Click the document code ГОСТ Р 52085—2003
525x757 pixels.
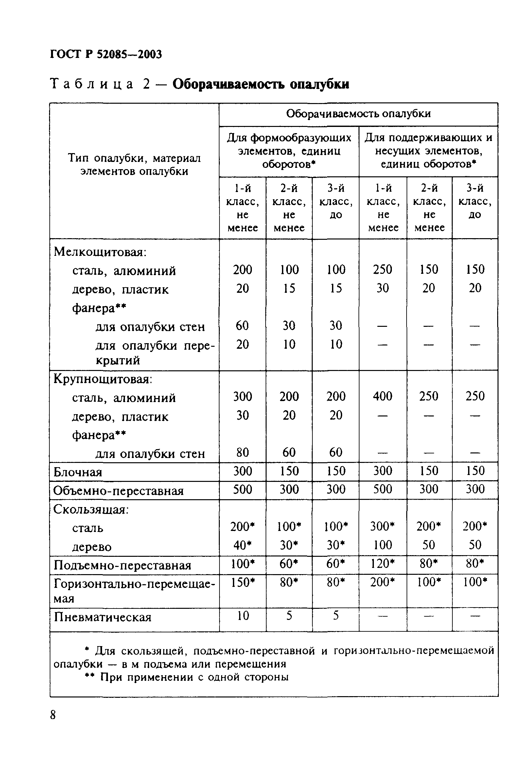[106, 54]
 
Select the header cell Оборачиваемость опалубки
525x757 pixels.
[358, 114]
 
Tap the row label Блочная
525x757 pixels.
[78, 472]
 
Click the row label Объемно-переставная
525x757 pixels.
[118, 491]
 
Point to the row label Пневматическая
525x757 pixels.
[103, 617]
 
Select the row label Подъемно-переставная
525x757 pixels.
[122, 565]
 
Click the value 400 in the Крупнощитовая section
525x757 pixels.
[382, 396]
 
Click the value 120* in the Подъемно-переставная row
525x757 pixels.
[382, 564]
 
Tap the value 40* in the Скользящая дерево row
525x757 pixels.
[243, 545]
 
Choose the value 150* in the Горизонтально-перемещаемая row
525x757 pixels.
[243, 582]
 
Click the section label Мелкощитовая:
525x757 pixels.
[100, 252]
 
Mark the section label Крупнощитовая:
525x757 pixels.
[103, 379]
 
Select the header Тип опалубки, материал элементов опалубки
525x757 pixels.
[134, 165]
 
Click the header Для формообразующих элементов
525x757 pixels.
[289, 151]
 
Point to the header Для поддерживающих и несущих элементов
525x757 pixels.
[428, 151]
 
